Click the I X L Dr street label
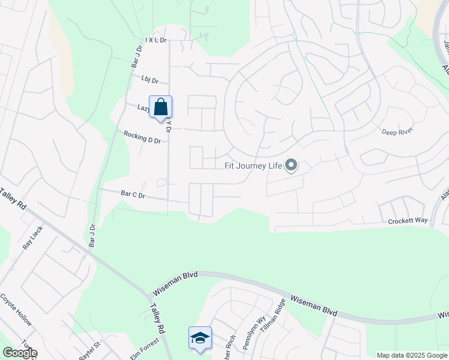coord(155,41)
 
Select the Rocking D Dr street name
coord(142,137)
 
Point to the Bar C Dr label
coord(133,194)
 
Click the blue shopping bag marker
coord(160,107)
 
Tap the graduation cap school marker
coord(200,338)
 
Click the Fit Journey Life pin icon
coord(291,164)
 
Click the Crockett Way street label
coord(408,221)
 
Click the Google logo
coord(20,353)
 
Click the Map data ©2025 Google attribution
coord(412,355)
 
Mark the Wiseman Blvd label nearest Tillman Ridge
coord(313,305)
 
